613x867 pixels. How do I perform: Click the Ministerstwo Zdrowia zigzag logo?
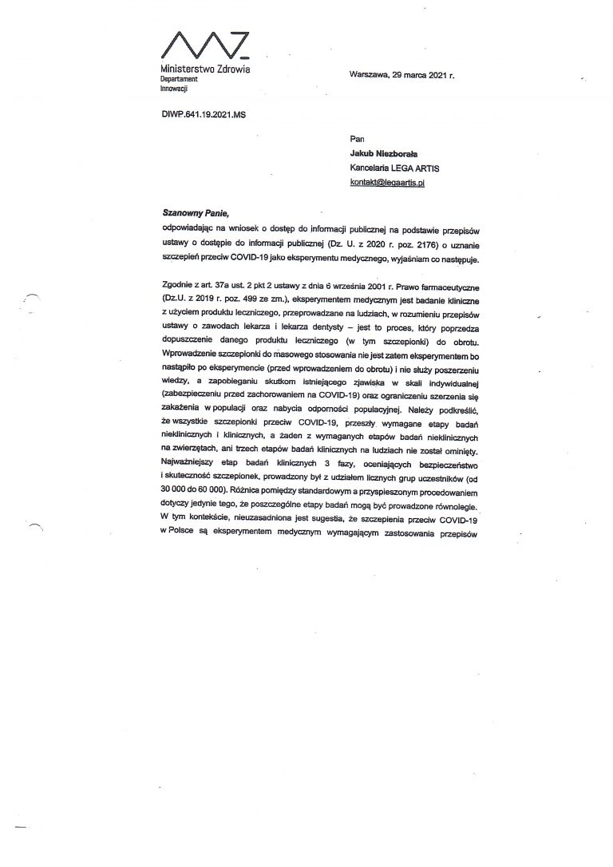click(206, 46)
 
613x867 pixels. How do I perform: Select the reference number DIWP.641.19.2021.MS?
click(204, 115)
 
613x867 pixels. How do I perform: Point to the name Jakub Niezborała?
click(386, 153)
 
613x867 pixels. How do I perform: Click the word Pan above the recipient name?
click(356, 139)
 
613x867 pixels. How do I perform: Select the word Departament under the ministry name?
click(179, 81)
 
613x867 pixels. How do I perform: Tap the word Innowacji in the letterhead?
click(173, 89)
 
